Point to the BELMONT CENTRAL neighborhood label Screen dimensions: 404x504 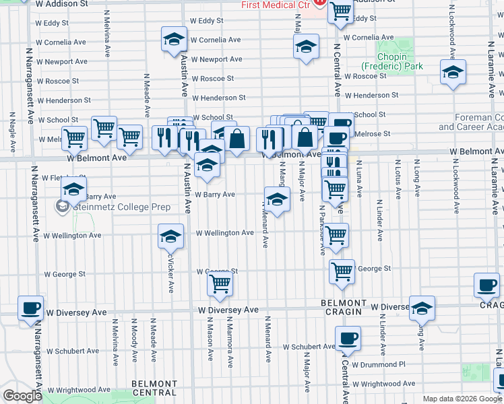[154, 388]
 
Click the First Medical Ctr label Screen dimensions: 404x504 [276, 5]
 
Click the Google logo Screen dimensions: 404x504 [22, 397]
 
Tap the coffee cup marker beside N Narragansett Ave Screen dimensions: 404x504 [30, 308]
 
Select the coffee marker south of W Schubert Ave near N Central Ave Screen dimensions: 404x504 [348, 339]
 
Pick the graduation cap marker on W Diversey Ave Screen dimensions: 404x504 [422, 308]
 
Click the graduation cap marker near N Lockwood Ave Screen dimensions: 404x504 [453, 72]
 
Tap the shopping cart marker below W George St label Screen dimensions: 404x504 [220, 285]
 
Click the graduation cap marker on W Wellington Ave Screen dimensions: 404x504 [170, 236]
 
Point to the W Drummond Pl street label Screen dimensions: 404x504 [381, 364]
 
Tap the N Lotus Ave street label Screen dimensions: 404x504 [398, 179]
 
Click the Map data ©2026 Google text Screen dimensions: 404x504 [462, 399]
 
